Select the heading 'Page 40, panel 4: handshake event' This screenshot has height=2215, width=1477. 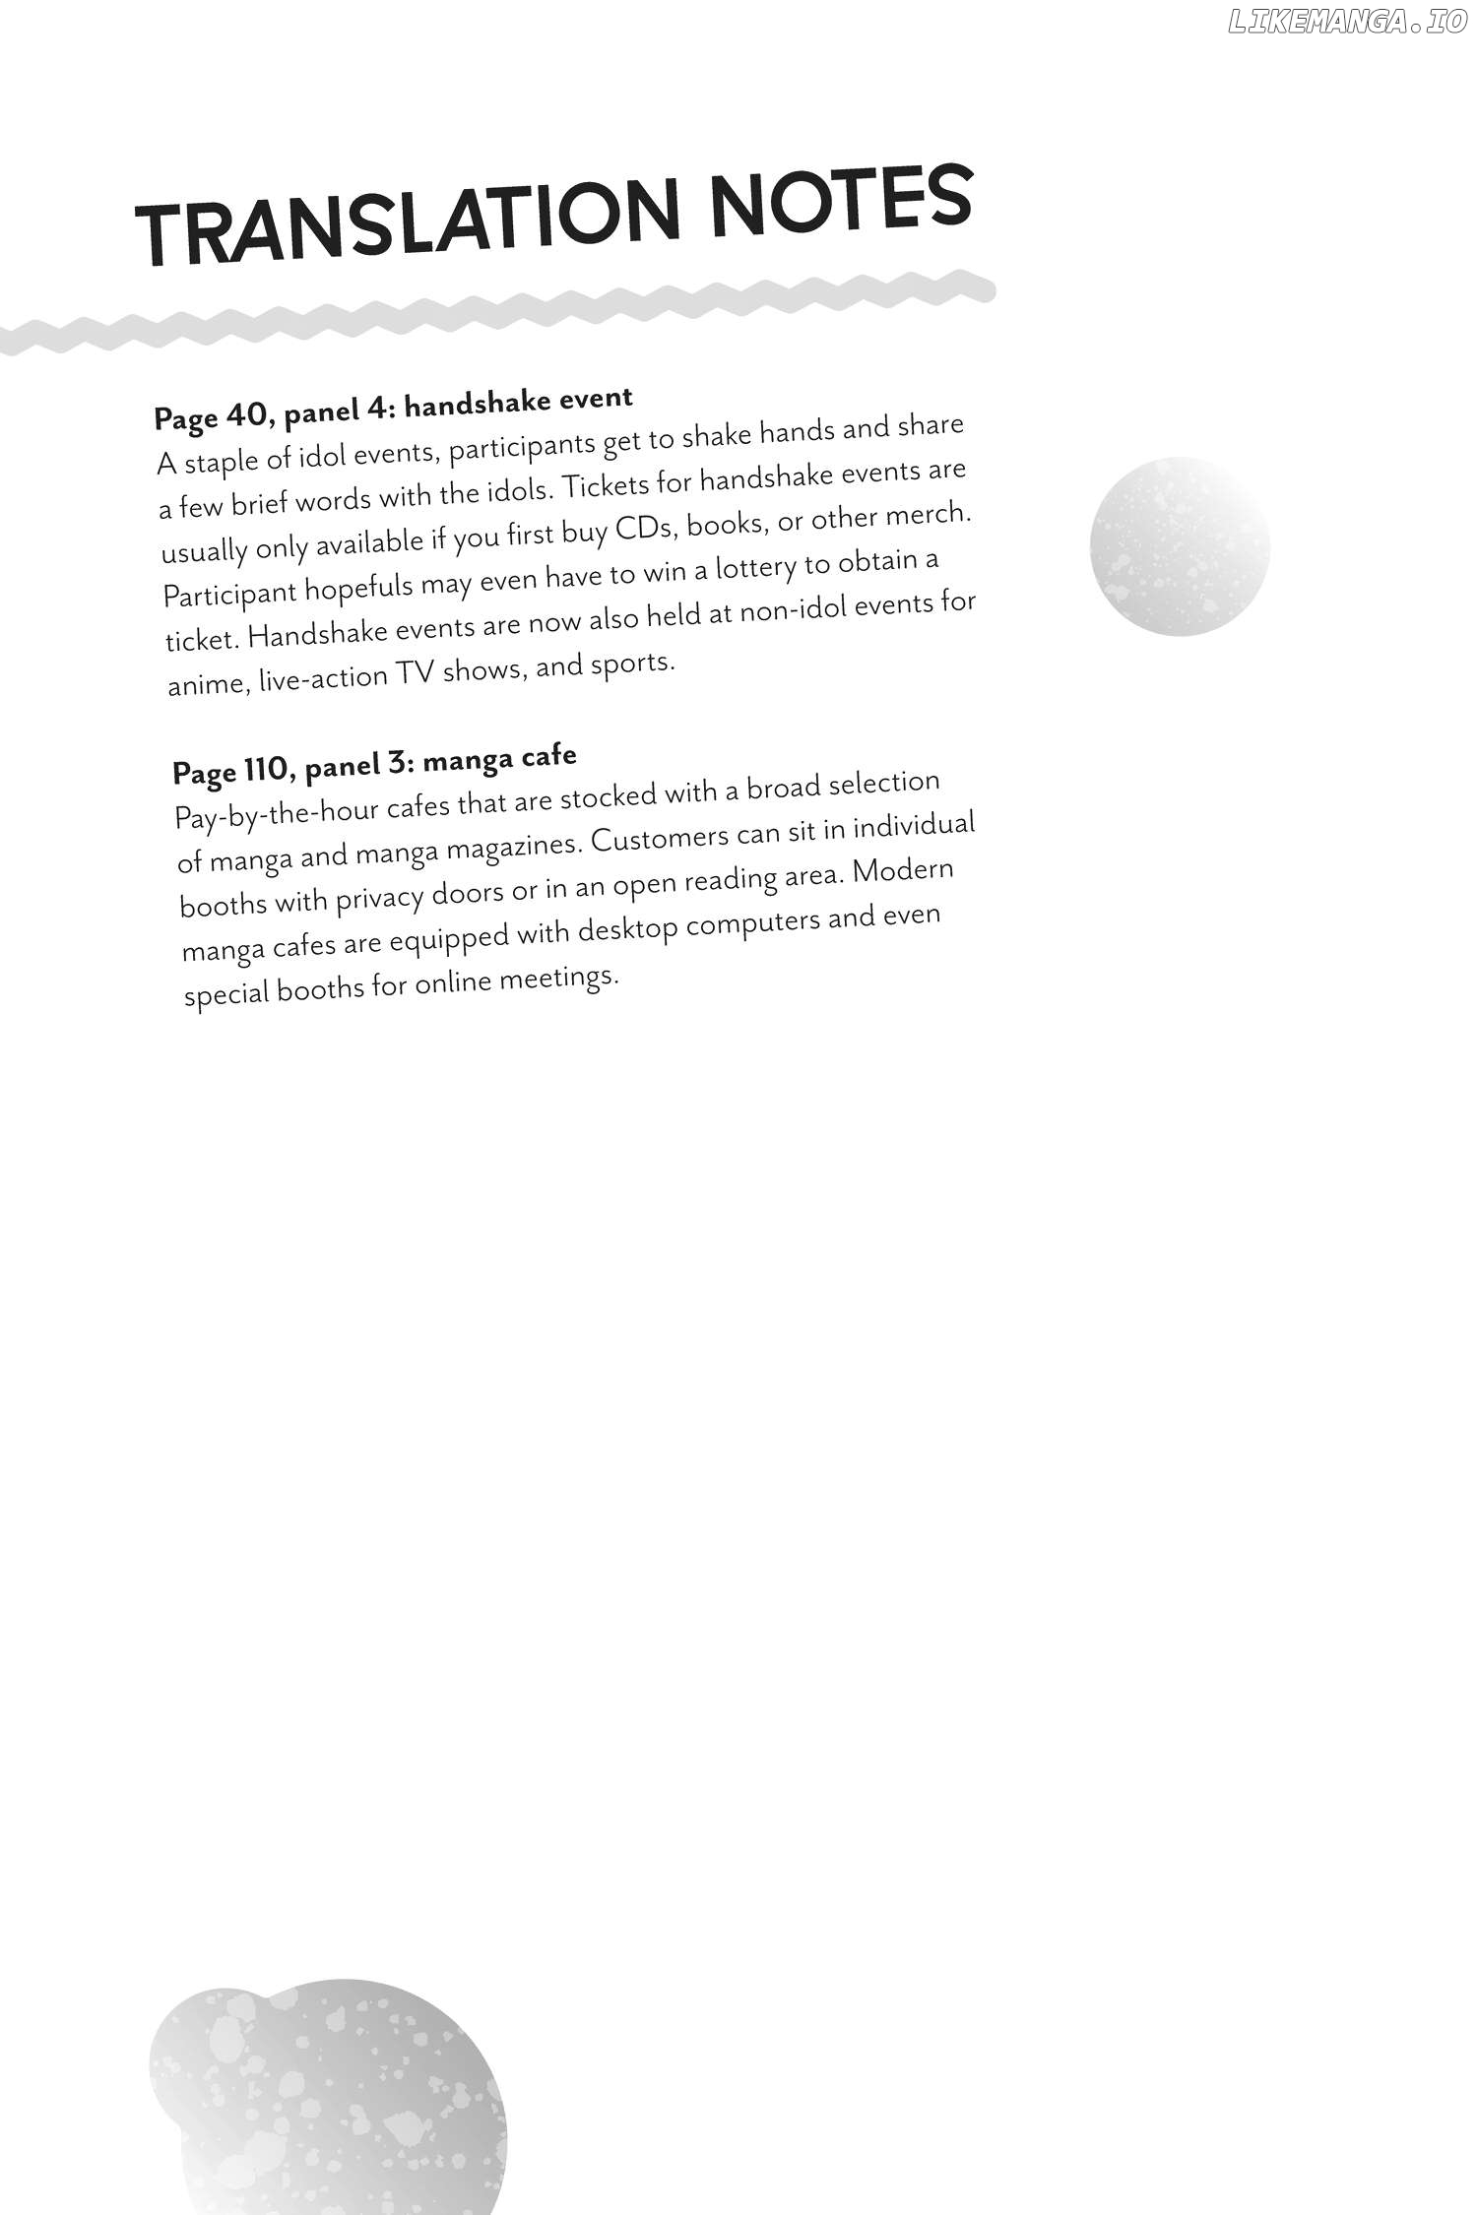click(x=393, y=408)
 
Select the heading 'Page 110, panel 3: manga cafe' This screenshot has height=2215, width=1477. click(x=374, y=764)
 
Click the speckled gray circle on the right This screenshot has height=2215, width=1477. click(x=1180, y=546)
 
